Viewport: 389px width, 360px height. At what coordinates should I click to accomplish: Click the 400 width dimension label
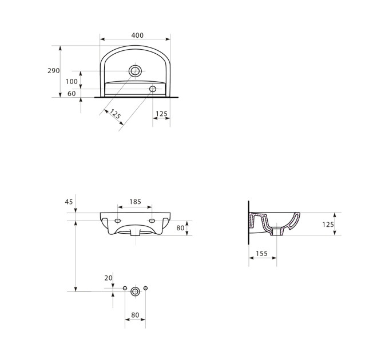(137, 35)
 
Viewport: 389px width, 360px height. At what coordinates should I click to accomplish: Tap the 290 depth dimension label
(54, 71)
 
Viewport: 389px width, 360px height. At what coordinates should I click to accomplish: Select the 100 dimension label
(72, 81)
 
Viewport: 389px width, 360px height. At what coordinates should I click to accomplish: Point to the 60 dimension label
(72, 93)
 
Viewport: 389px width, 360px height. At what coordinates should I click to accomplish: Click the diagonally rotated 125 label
(115, 114)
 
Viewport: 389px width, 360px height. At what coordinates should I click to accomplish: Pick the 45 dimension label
(69, 202)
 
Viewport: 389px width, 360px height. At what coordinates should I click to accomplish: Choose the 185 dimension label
(135, 202)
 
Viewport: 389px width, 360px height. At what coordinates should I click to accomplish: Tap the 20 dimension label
(109, 278)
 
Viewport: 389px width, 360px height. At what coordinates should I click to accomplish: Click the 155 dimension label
(262, 254)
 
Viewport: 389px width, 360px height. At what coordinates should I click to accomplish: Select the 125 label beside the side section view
(328, 225)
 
